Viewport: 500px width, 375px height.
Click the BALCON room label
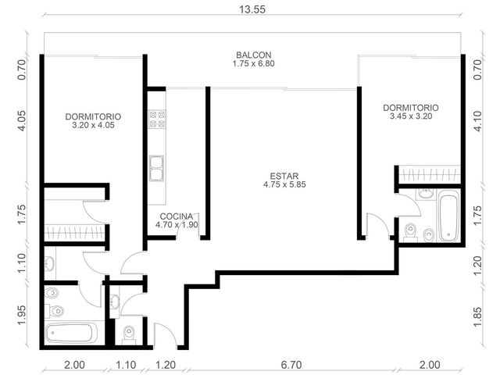click(x=253, y=55)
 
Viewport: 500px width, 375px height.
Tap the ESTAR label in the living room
click(x=284, y=176)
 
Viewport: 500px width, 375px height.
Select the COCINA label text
click(x=177, y=216)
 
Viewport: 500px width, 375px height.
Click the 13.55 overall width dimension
click(x=252, y=9)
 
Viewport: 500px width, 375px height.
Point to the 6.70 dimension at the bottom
click(x=291, y=365)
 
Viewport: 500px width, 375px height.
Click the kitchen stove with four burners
click(x=157, y=119)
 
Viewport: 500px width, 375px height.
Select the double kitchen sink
click(x=156, y=169)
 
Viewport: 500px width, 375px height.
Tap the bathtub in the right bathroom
click(x=448, y=216)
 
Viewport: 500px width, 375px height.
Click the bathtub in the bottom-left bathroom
click(x=71, y=334)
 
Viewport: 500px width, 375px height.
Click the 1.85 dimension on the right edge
click(x=477, y=316)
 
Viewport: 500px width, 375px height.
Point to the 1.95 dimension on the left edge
click(x=21, y=316)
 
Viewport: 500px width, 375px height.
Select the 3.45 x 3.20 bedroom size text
click(x=411, y=116)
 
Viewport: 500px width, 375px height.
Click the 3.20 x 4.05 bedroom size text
click(x=93, y=125)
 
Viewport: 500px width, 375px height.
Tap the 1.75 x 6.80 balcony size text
click(x=253, y=63)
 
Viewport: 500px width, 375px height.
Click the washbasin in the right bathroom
click(x=426, y=194)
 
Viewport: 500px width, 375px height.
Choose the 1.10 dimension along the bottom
click(x=126, y=365)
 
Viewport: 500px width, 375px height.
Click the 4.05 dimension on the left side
click(x=21, y=121)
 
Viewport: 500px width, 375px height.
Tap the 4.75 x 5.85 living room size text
click(x=284, y=184)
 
